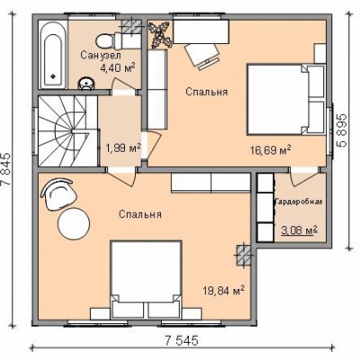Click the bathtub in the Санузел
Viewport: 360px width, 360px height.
(53, 56)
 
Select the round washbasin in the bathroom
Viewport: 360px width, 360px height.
(86, 84)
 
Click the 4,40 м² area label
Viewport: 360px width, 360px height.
(117, 68)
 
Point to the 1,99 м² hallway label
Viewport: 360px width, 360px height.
(123, 148)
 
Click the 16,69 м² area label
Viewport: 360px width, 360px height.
(270, 149)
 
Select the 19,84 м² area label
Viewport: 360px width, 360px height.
(223, 290)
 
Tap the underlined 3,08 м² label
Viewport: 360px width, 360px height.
(299, 230)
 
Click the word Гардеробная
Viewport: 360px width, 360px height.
(299, 202)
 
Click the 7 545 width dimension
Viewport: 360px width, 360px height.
(182, 340)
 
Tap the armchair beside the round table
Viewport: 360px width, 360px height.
(58, 194)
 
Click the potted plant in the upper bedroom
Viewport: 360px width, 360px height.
(160, 34)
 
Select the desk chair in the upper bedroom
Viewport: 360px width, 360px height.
(202, 56)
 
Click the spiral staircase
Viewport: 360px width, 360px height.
(67, 131)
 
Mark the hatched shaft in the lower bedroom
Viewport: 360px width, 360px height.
(244, 256)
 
